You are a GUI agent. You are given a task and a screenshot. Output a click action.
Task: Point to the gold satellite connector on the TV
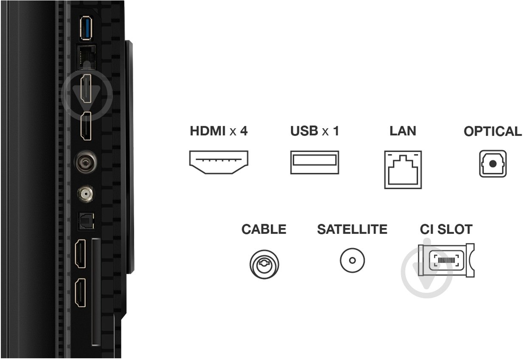coord(85,194)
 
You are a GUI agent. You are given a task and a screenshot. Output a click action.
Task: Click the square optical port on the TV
coord(84,221)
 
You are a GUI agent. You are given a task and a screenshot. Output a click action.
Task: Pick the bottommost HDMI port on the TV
coord(81,293)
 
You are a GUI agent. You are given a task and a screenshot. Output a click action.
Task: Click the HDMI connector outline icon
coord(219,162)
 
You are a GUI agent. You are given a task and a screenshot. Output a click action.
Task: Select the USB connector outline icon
coord(315,162)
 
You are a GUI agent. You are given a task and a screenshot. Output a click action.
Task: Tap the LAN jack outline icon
coord(403,169)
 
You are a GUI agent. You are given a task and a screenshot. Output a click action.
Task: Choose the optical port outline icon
coord(492,163)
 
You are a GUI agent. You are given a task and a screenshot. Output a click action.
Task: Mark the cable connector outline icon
coord(264,264)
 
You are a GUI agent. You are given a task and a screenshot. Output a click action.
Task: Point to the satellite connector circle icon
coord(352,260)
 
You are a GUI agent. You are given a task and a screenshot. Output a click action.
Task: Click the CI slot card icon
coord(446,260)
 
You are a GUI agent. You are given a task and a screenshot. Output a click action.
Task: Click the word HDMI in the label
coord(208,131)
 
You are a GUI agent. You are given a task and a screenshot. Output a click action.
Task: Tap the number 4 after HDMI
coord(244,131)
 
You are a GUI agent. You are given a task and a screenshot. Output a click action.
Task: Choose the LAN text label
coord(403,131)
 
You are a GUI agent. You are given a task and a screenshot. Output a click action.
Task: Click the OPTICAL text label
coord(492,132)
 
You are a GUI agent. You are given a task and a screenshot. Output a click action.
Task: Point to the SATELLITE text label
coord(352,230)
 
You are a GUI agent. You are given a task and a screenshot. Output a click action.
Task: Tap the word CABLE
coord(264,230)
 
